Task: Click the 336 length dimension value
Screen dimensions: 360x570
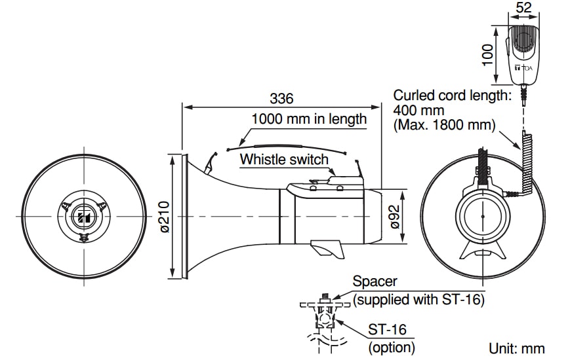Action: pos(281,98)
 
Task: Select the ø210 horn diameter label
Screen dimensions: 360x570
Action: pos(165,217)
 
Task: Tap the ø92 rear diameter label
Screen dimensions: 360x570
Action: pos(395,216)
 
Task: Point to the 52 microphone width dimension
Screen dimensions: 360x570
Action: pos(523,8)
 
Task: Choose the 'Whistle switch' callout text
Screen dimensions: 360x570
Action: pos(284,159)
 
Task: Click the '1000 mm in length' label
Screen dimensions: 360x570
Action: pos(309,119)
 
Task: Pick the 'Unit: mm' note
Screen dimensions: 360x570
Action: pos(516,349)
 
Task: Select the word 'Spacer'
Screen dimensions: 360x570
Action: pos(375,281)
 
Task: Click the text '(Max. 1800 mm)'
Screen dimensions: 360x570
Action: pos(445,124)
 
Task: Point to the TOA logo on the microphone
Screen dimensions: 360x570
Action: pos(525,67)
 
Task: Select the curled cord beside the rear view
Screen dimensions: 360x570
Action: pos(525,163)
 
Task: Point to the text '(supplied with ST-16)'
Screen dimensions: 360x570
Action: pos(418,300)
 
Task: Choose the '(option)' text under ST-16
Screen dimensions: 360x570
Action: pos(392,347)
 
